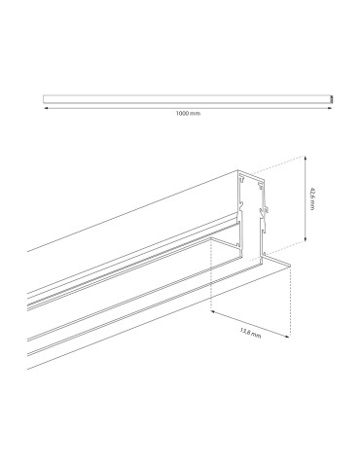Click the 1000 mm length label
pos(188,112)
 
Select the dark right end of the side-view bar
pos(333,97)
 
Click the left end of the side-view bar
pos(45,97)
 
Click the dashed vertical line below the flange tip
pos(293,302)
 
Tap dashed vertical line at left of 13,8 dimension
pos(211,292)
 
